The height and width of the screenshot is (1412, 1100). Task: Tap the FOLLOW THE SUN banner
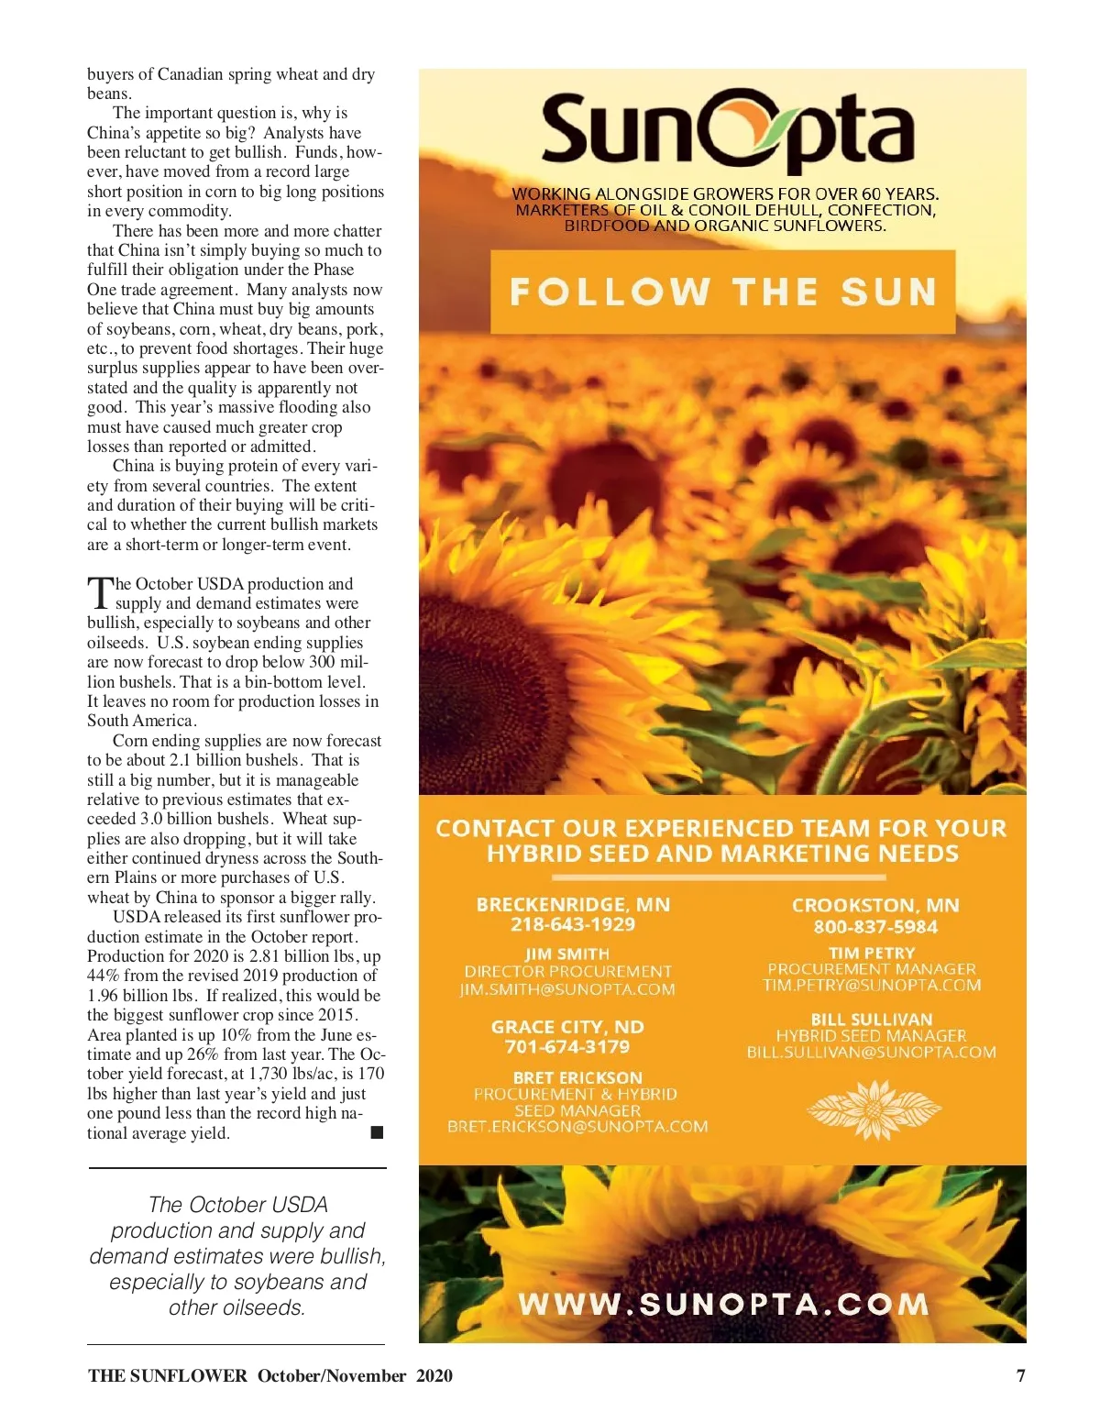point(723,292)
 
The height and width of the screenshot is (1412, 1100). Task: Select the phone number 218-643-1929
point(573,924)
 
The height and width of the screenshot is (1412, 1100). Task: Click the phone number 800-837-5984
point(875,926)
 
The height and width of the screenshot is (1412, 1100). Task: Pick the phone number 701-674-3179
point(566,1046)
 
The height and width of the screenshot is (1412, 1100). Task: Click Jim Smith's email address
point(567,989)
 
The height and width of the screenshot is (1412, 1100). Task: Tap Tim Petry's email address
point(872,985)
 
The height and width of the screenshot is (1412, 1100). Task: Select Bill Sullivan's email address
point(871,1052)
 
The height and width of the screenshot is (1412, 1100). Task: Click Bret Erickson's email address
point(577,1126)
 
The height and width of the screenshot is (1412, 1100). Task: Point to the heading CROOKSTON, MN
point(875,905)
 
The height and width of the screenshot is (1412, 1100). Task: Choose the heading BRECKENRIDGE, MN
point(573,904)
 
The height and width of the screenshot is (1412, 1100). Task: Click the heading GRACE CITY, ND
point(566,1027)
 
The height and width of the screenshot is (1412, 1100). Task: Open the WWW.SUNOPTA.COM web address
point(723,1304)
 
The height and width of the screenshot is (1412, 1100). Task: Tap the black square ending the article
point(377,1133)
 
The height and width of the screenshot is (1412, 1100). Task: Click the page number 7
point(1021,1375)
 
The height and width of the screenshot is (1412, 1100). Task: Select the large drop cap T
point(99,593)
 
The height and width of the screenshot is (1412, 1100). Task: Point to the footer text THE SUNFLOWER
point(168,1375)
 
